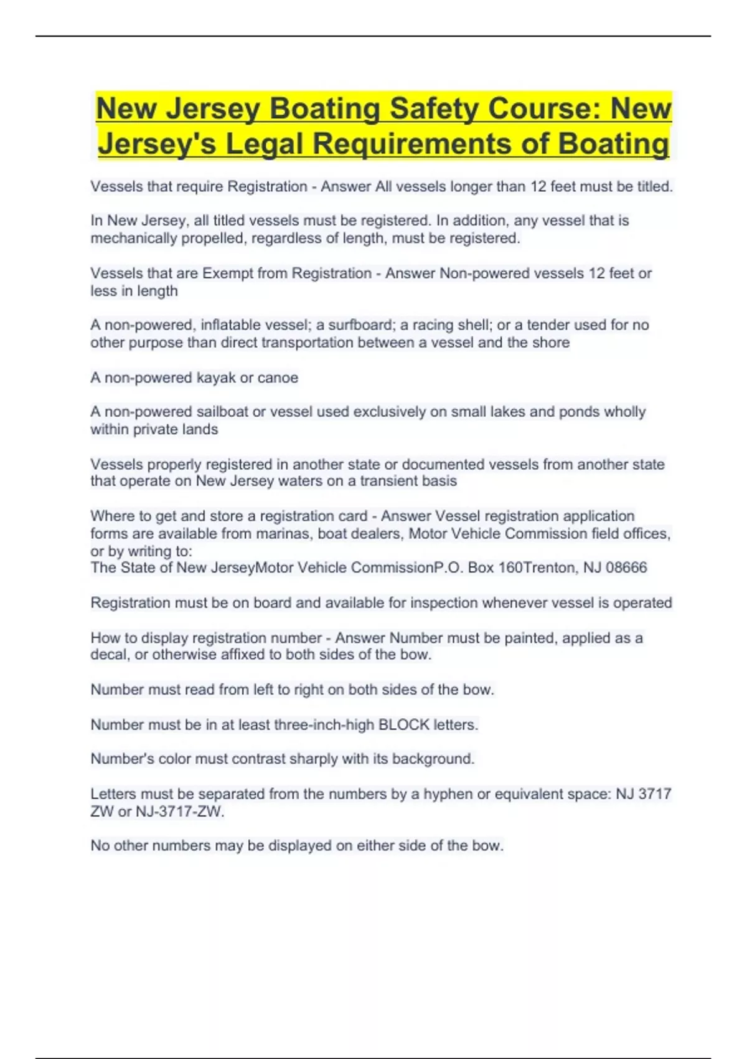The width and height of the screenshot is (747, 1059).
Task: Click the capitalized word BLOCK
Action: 404,725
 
